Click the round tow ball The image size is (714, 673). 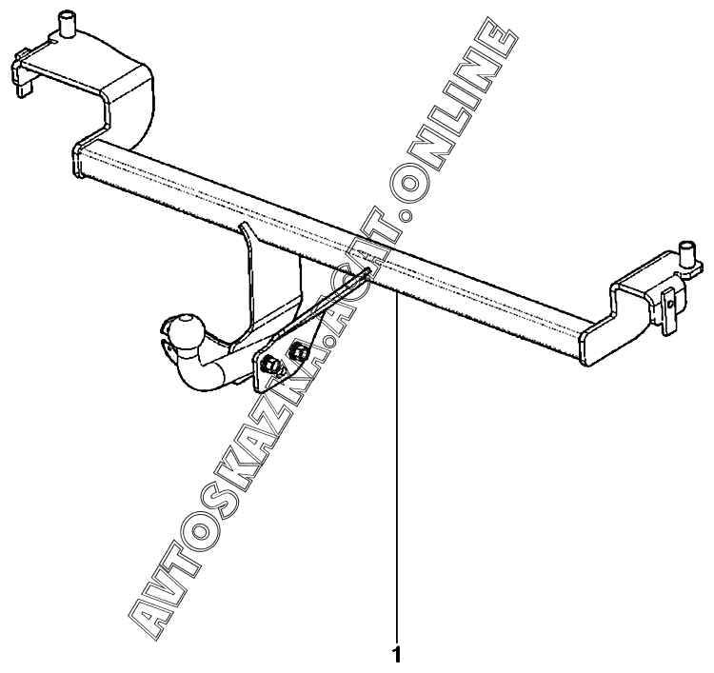pos(184,329)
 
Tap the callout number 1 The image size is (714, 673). pos(396,655)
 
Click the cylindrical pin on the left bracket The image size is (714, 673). pos(69,24)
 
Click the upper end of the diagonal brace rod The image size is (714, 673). pos(365,275)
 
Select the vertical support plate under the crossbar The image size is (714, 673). pos(252,276)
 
